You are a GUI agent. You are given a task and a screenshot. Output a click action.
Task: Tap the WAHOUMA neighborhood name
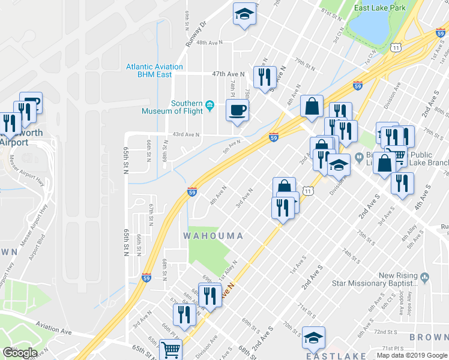pos(213,236)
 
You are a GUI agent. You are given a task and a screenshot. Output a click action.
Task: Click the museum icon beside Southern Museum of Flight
pos(209,106)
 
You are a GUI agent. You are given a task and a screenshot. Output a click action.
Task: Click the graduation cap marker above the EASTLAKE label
pos(313,338)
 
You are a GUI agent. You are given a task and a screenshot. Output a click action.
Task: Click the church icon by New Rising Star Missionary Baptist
pos(424,277)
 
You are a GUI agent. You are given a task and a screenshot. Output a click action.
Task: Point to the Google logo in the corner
pos(19,353)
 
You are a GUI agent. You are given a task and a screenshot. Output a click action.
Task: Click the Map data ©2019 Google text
pos(412,355)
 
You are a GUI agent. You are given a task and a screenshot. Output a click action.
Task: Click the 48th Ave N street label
pos(209,43)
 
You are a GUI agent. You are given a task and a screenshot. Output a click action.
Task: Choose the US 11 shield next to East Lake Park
pos(395,47)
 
